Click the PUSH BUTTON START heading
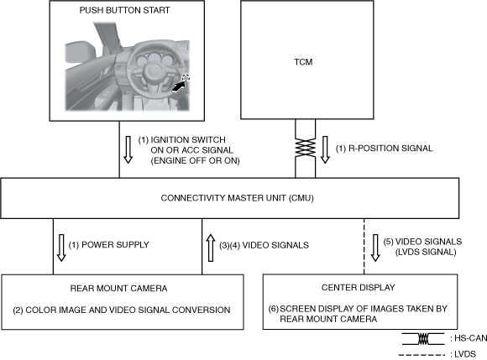point(124,10)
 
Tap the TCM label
point(303,62)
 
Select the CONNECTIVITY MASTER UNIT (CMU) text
point(238,198)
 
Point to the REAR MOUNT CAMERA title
point(118,289)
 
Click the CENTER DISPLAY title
point(358,287)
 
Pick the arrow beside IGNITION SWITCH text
point(128,149)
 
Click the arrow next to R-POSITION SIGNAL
point(325,149)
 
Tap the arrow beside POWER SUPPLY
point(61,248)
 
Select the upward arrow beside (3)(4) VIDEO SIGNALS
point(211,248)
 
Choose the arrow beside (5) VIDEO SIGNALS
point(375,248)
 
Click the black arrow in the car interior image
point(178,87)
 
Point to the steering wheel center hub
point(153,70)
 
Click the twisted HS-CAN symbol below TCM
point(306,149)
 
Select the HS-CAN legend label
point(469,338)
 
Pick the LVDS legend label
point(463,354)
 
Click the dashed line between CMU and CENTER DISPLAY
point(364,247)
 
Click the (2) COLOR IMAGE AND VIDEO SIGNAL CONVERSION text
point(122,310)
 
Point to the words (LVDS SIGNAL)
point(426,252)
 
